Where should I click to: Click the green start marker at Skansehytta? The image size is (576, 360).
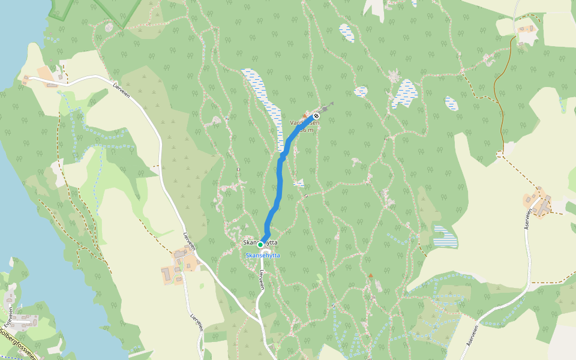click(x=260, y=245)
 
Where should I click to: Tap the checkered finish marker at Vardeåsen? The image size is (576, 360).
click(x=316, y=116)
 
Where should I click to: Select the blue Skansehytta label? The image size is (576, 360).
click(x=263, y=256)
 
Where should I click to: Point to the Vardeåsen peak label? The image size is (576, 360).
click(x=305, y=123)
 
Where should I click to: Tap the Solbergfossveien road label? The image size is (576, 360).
click(x=18, y=343)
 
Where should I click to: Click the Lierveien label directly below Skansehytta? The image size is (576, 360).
click(x=262, y=280)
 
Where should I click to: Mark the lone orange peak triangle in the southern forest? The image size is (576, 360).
click(x=371, y=275)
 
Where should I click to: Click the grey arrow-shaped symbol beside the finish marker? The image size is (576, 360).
click(x=328, y=107)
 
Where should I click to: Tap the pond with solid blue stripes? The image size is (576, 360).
click(x=445, y=237)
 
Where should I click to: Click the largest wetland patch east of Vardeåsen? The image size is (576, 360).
click(x=406, y=93)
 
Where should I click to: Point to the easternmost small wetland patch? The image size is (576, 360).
click(x=451, y=103)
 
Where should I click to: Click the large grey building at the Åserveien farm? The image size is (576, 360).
click(x=544, y=205)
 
